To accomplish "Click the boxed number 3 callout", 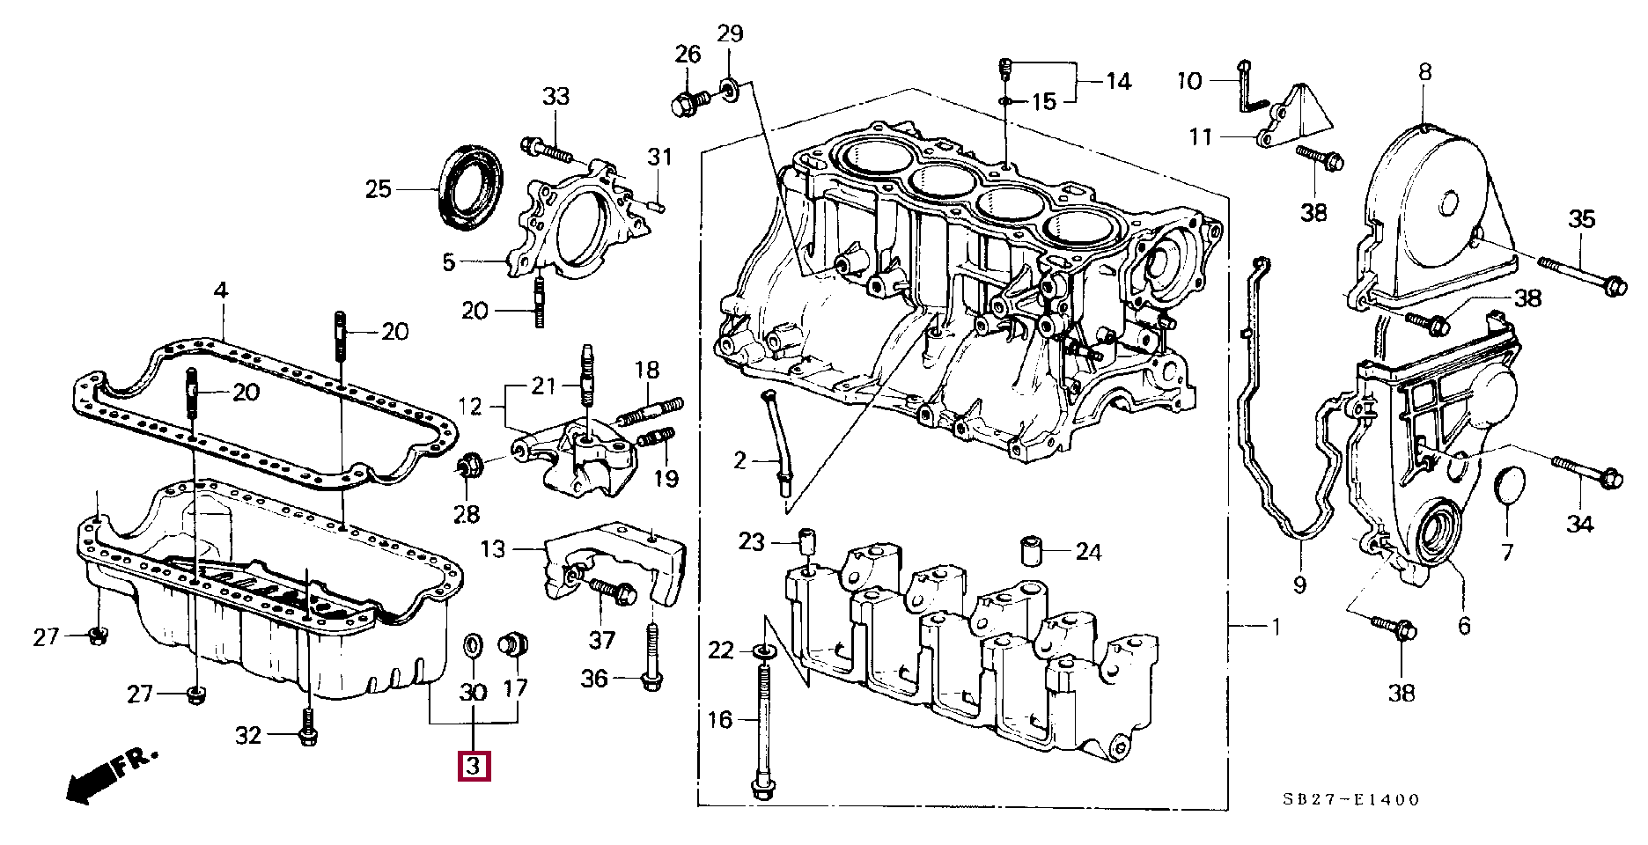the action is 473,767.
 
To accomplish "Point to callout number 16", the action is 719,720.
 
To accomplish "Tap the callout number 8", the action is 1424,72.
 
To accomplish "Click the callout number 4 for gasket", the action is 220,290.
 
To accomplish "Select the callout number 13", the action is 493,550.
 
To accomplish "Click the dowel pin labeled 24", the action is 1033,550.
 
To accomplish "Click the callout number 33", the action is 555,97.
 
